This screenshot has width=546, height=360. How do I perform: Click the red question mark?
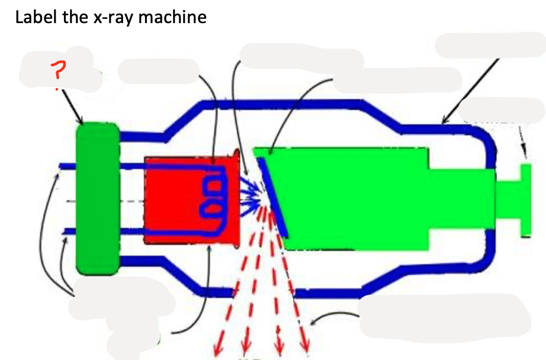57,73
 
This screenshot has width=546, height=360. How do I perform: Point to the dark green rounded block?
98,198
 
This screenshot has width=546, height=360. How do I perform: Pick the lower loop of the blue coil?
212,208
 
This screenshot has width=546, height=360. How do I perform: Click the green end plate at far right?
526,200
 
